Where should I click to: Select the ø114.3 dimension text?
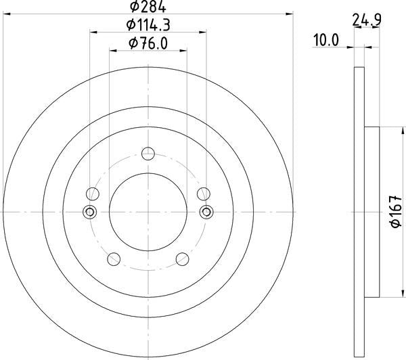[148, 26]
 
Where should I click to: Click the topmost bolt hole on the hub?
[148, 153]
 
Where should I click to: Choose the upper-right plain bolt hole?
[202, 194]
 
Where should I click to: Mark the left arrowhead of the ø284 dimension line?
[5, 12]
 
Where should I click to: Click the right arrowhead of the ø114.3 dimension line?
[204, 31]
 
